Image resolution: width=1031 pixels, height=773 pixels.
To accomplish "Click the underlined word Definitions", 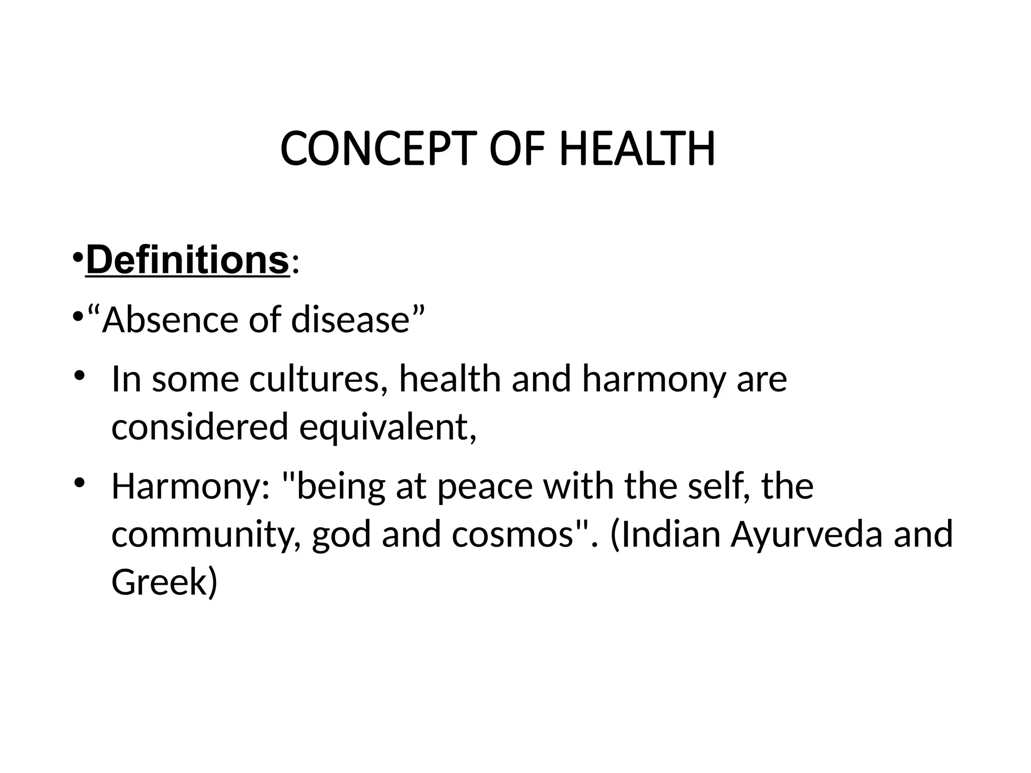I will click(x=187, y=260).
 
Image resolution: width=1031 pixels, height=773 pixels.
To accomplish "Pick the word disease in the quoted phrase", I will click(x=350, y=320).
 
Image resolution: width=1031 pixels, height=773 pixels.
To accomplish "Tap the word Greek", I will click(x=159, y=582).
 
